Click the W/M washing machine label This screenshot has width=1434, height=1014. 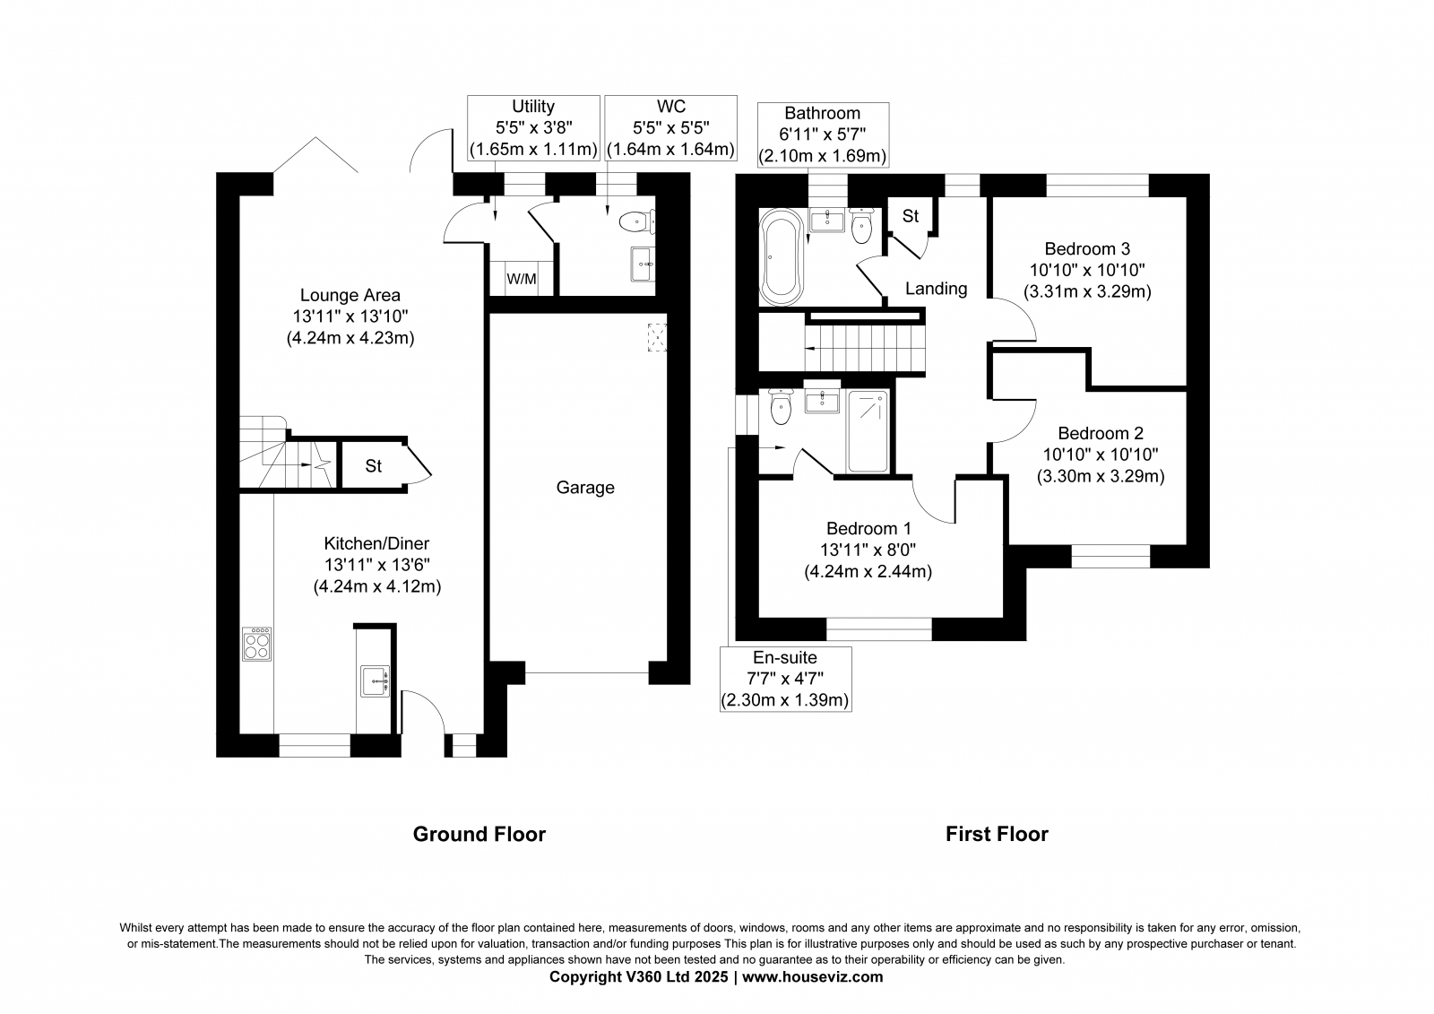pos(521,280)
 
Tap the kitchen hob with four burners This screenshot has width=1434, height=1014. pos(256,644)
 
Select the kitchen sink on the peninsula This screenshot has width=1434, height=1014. pos(376,681)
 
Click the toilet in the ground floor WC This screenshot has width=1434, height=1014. pos(637,222)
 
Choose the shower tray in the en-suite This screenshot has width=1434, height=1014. pos(868,431)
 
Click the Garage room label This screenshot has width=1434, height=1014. pos(585,488)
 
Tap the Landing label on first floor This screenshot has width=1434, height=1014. pos(936,289)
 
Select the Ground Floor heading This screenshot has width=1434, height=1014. pos(479,834)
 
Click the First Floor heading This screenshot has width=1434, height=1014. pos(997,834)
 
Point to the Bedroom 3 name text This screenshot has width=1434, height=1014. pos(1087,248)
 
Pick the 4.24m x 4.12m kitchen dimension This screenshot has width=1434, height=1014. pos(377,586)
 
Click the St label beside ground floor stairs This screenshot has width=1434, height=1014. pos(373,466)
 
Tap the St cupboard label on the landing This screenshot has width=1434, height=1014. pos(911,216)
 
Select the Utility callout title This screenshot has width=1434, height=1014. pos(533,107)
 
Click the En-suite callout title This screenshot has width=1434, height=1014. pos(785,658)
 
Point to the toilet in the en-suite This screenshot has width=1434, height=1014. pos(781,406)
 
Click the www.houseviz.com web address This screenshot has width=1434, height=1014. pos(812,977)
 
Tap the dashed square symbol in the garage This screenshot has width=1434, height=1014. pos(657,338)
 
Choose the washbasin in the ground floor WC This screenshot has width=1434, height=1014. pos(642,264)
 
